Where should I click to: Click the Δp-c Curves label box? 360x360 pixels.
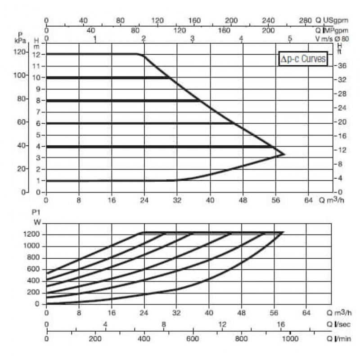tap(303, 59)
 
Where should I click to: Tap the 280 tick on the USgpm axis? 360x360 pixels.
tap(305, 20)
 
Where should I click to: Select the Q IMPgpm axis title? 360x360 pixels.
tap(332, 30)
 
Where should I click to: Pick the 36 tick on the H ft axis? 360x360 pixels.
tap(342, 66)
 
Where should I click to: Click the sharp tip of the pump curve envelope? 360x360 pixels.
tap(285, 154)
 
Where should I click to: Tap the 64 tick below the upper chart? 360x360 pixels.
tap(308, 200)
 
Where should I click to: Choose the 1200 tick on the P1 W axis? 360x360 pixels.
tap(31, 234)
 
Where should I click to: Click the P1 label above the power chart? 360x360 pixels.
tap(36, 212)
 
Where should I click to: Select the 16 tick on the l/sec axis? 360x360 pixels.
tap(280, 324)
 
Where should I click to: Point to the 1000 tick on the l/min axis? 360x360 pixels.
tap(290, 339)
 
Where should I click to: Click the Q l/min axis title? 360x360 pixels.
tap(339, 339)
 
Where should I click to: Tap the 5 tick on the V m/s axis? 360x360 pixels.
tap(290, 38)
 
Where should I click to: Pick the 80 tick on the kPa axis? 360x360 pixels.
tap(21, 99)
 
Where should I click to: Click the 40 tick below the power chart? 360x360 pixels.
tap(209, 313)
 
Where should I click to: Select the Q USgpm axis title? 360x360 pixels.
tap(332, 20)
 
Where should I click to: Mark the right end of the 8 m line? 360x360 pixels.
tap(199, 100)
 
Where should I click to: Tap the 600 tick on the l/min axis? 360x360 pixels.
tap(193, 339)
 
